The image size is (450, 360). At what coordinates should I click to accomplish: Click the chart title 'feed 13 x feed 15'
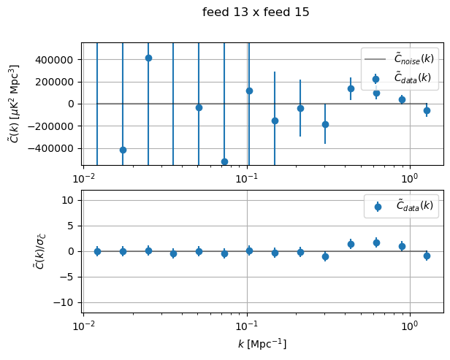click(256, 12)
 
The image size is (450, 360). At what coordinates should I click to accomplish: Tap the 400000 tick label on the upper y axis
click(55, 59)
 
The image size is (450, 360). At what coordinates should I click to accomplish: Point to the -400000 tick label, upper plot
click(52, 148)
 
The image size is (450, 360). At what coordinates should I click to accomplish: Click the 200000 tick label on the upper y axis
click(55, 81)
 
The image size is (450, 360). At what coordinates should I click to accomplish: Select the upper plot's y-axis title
click(14, 104)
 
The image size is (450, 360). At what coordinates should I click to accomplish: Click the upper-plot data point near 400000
click(148, 58)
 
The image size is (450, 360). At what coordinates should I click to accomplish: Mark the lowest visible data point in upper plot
click(224, 161)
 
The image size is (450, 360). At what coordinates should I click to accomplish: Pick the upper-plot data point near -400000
click(123, 150)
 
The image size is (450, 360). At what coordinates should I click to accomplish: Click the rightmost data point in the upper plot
click(427, 110)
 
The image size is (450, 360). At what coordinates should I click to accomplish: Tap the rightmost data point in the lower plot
click(427, 256)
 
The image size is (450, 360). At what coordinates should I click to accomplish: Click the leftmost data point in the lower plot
click(97, 251)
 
